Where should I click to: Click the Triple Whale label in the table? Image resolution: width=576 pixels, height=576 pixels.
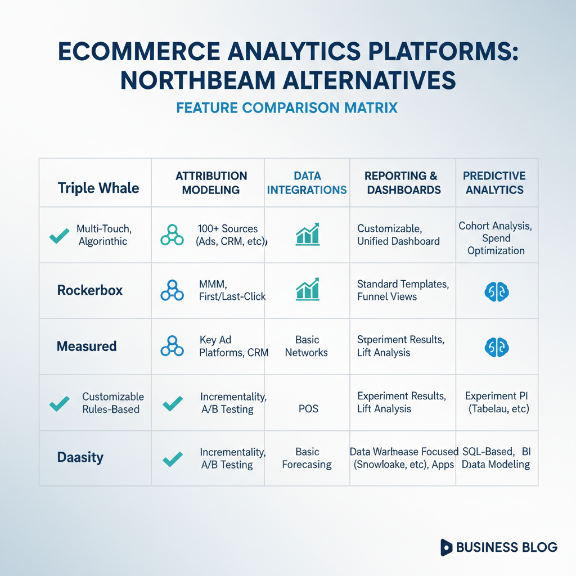tap(98, 188)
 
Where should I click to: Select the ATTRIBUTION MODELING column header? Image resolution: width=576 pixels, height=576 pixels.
tap(211, 183)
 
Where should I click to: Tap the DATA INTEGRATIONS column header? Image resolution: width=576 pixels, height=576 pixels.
tap(307, 183)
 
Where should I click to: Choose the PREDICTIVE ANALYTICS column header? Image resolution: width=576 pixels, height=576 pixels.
tap(494, 183)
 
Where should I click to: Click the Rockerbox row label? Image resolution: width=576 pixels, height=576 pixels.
tap(90, 290)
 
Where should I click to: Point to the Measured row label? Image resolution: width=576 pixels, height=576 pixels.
tap(87, 346)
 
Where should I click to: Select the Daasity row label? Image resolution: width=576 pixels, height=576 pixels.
tap(80, 458)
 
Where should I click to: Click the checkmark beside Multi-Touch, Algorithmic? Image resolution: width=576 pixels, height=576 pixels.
tap(60, 236)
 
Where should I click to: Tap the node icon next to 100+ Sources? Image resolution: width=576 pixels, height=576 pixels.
tap(172, 235)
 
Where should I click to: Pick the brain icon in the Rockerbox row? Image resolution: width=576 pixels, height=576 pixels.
tap(497, 292)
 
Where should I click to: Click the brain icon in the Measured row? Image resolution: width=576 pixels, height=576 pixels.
tap(497, 348)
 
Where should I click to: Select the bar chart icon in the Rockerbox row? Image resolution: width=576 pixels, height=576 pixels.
tap(308, 290)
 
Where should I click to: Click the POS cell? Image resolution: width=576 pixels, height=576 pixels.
tap(309, 409)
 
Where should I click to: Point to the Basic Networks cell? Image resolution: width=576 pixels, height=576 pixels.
tap(307, 346)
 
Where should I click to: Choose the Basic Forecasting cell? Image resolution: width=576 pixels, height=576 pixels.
tap(307, 458)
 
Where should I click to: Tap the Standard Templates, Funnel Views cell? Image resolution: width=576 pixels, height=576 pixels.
tap(403, 290)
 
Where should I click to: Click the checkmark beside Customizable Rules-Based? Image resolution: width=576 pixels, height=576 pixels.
tap(60, 404)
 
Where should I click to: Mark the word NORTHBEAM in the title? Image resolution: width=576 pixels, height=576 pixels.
tap(198, 80)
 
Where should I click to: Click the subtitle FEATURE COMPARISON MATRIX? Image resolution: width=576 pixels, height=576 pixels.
tap(287, 108)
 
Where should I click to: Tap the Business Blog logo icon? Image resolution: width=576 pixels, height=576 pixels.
tap(446, 547)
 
